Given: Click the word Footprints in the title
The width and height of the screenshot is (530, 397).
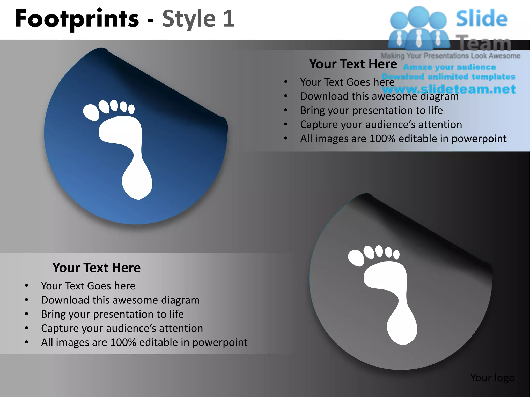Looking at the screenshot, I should [x=77, y=19].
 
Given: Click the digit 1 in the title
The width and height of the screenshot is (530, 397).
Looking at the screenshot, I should [x=229, y=19].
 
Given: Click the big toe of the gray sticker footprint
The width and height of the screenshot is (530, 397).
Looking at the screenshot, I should [x=356, y=258].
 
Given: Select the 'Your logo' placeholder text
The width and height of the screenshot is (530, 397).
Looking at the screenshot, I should [x=492, y=378].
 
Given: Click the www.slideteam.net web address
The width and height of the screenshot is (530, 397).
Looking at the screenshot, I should [x=449, y=89].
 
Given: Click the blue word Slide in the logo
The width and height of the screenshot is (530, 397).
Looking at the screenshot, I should [x=482, y=19].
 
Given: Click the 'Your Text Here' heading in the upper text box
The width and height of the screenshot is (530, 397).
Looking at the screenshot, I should [x=353, y=64].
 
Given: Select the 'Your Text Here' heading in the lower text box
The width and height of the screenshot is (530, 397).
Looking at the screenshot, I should [x=97, y=268].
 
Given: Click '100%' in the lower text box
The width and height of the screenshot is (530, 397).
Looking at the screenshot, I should [x=123, y=342].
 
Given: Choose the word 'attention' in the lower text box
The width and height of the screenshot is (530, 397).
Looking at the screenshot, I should [x=181, y=328].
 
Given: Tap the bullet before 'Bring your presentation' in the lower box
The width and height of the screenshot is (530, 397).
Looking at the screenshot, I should [x=27, y=314].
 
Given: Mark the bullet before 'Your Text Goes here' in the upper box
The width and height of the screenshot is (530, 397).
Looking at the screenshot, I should [x=286, y=82].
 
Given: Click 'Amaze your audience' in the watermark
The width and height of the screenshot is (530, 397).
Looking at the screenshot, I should [x=450, y=67].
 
